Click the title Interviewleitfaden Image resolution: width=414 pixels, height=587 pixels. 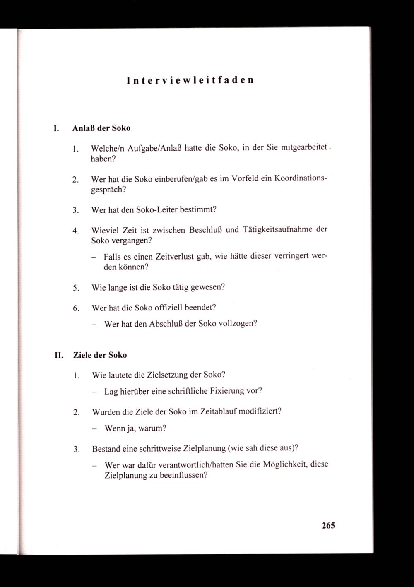tap(190, 80)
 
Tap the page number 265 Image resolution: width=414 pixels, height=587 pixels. tap(327, 526)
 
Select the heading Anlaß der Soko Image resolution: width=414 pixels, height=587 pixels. tap(101, 128)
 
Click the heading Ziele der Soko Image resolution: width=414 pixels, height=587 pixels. tap(100, 355)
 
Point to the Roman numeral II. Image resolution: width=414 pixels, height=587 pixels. tap(58, 355)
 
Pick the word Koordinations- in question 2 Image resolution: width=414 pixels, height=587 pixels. tap(297, 179)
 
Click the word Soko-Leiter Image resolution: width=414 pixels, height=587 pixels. tap(157, 209)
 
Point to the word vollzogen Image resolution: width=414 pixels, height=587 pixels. tap(237, 324)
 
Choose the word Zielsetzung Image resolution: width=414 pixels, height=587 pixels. tap(167, 375)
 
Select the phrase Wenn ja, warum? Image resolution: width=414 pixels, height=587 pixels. tap(135, 428)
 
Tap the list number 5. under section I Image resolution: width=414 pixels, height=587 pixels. tap(75, 288)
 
